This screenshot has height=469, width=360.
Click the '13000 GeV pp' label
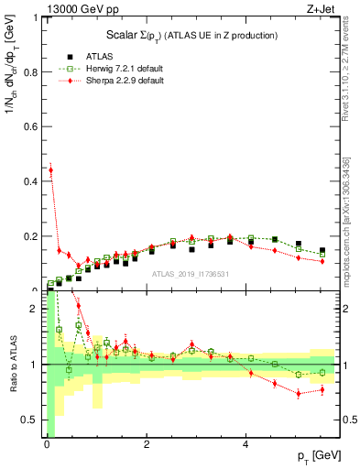tap(81, 9)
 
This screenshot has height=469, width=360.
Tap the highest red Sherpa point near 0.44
tap(50, 169)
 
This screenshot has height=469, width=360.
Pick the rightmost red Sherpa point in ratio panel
tap(322, 390)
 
